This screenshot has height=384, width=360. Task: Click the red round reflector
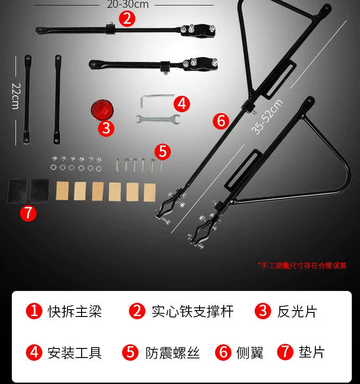tap(102, 110)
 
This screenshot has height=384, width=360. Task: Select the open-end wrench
tap(158, 119)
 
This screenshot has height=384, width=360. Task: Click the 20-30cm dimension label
tap(128, 4)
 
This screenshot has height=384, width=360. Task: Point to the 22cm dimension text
tap(16, 96)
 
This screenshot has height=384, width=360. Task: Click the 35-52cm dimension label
tap(267, 117)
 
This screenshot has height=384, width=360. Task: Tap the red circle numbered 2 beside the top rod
tap(127, 19)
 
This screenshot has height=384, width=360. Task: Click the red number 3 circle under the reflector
tap(106, 128)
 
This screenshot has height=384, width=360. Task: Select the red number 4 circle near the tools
tap(182, 104)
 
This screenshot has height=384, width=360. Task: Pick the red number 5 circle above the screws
tap(163, 151)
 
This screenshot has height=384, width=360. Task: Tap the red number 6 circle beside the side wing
tap(221, 121)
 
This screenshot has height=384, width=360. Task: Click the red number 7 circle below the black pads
tap(28, 213)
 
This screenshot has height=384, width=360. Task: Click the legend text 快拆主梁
tap(74, 311)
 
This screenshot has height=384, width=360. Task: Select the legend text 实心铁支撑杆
tap(193, 311)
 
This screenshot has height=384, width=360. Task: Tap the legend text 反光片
tap(297, 311)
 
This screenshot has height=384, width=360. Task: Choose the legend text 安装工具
tap(74, 353)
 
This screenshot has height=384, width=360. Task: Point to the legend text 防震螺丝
tap(173, 353)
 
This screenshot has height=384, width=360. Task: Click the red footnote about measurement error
tap(302, 265)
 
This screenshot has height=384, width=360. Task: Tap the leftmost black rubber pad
tap(17, 191)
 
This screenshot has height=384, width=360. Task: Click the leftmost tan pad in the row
tap(62, 191)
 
